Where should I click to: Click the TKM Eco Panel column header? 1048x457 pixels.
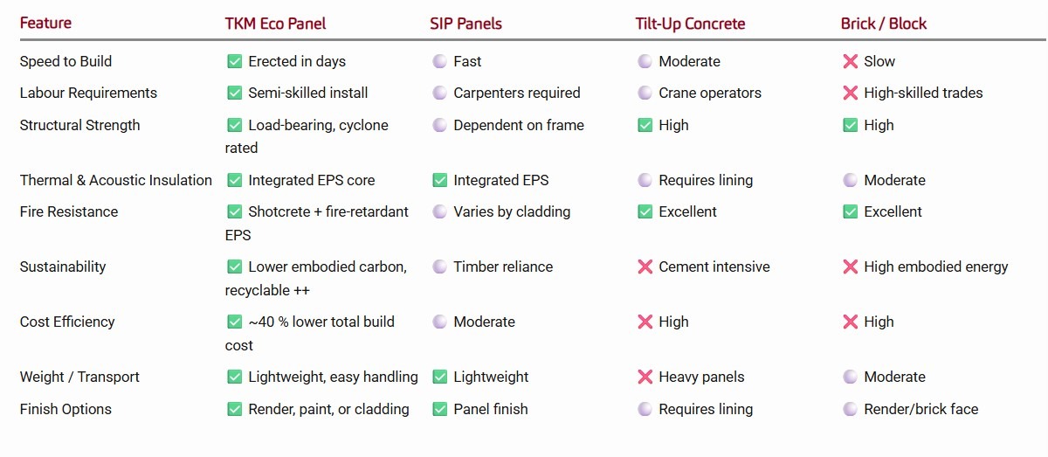click(275, 24)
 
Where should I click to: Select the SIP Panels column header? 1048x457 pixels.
click(465, 24)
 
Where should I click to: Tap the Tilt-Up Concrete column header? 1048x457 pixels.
click(690, 24)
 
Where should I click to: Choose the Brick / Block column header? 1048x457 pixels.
click(883, 24)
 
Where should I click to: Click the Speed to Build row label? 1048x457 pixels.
click(65, 61)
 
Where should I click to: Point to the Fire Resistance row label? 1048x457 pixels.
click(68, 211)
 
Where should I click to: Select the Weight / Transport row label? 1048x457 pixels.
click(79, 377)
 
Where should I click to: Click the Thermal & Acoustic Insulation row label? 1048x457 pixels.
click(115, 180)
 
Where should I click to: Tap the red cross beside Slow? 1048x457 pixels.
click(850, 61)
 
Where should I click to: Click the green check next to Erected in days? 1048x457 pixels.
click(234, 61)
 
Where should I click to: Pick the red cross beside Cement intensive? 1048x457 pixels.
click(645, 267)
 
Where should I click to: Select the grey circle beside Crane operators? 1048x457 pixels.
click(645, 93)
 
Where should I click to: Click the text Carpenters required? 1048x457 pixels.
click(516, 93)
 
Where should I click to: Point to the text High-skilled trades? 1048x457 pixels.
click(923, 93)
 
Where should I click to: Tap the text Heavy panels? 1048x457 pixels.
click(701, 377)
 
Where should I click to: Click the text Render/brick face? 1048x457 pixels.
click(920, 409)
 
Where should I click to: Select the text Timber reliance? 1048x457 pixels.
click(503, 267)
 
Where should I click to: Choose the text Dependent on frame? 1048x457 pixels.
click(519, 125)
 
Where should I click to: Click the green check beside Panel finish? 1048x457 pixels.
click(439, 409)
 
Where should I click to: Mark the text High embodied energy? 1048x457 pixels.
click(935, 267)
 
